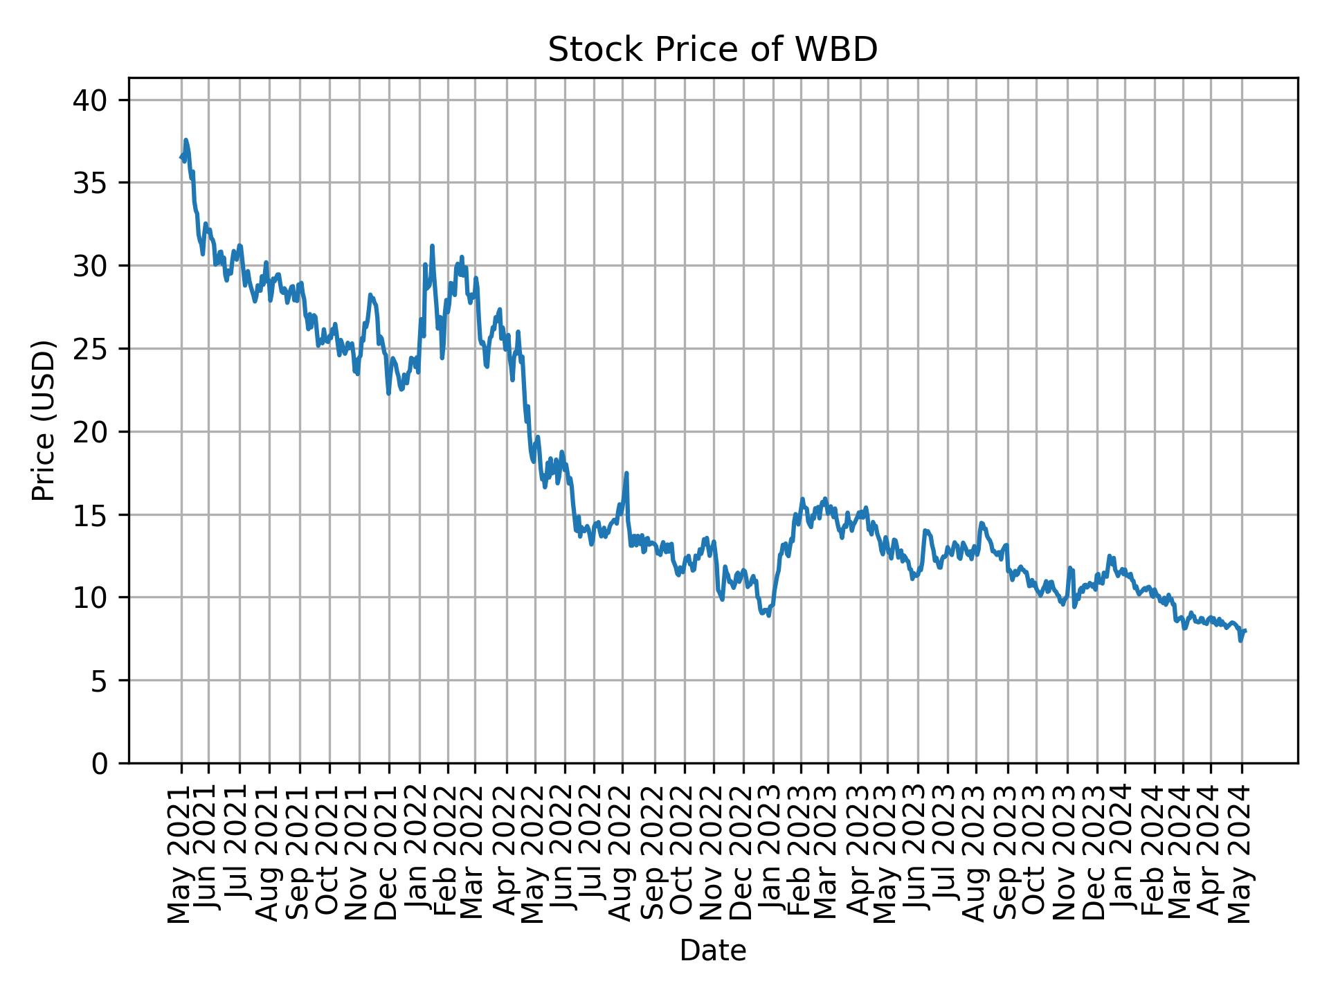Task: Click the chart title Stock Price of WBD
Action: click(x=712, y=50)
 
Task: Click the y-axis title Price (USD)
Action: click(x=43, y=420)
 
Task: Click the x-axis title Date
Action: click(x=712, y=951)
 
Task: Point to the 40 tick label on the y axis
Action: click(x=90, y=101)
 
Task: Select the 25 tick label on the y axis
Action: click(x=90, y=349)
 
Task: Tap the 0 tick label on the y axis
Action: click(x=100, y=763)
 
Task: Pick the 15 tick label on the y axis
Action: click(x=90, y=515)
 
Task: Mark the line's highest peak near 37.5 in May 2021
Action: click(x=186, y=140)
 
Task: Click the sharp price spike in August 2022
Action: click(x=626, y=474)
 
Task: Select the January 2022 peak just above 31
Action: click(x=432, y=246)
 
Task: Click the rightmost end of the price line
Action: click(x=1245, y=630)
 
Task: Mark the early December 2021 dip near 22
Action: click(x=388, y=393)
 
